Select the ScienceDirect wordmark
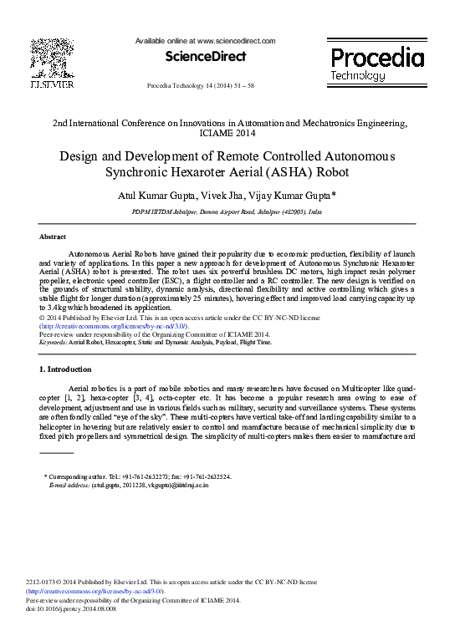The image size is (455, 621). point(207,57)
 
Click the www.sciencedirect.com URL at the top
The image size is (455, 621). point(237,40)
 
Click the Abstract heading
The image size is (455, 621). point(53,237)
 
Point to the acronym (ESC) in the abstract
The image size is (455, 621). point(198,282)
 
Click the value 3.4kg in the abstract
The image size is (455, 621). point(55,308)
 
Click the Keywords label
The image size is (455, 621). point(54,342)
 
